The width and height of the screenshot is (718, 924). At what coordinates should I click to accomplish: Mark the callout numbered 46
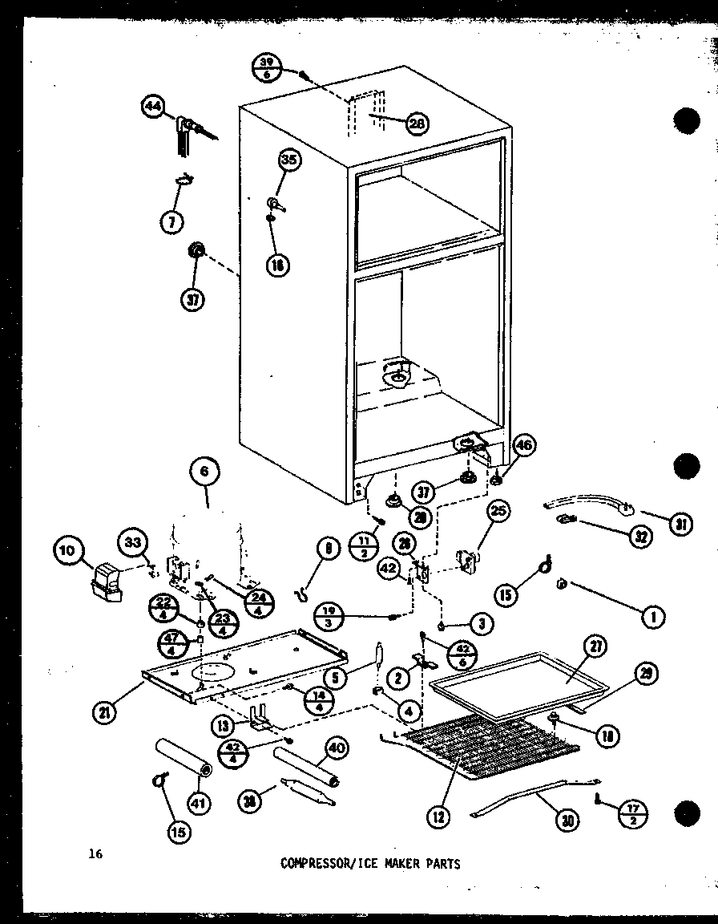point(526,445)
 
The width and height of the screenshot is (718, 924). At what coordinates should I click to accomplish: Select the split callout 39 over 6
point(267,67)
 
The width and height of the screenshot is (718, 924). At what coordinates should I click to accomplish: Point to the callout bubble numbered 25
point(498,510)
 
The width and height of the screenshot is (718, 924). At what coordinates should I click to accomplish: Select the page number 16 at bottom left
point(95,853)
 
